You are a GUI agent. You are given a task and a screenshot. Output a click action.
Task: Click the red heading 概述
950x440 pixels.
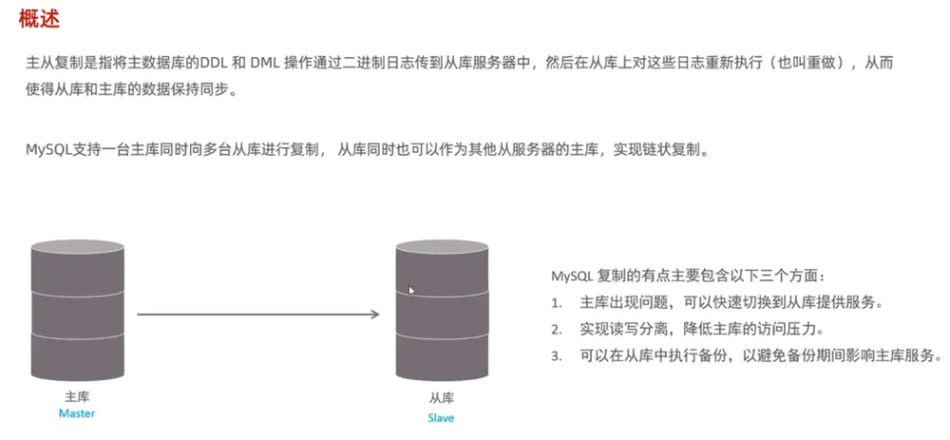(39, 19)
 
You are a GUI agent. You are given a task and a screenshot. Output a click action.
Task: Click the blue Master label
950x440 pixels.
(77, 414)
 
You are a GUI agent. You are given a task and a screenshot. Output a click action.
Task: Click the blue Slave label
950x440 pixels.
(441, 418)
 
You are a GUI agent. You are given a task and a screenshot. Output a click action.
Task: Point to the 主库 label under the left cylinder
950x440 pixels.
(77, 397)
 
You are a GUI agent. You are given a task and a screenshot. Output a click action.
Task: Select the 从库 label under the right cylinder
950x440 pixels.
(442, 398)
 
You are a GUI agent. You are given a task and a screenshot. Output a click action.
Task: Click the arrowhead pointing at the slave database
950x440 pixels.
(375, 314)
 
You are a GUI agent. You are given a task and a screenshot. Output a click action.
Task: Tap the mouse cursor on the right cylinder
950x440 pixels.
(411, 290)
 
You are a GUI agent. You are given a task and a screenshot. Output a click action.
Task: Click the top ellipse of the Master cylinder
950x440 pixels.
(78, 247)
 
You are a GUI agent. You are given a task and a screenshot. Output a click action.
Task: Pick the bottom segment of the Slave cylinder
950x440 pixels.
(443, 355)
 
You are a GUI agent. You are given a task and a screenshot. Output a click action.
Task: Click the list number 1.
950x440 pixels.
(556, 303)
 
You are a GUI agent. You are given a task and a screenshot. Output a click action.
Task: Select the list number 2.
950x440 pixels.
(556, 330)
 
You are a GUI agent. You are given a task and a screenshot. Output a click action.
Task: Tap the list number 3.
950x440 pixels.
(556, 356)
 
